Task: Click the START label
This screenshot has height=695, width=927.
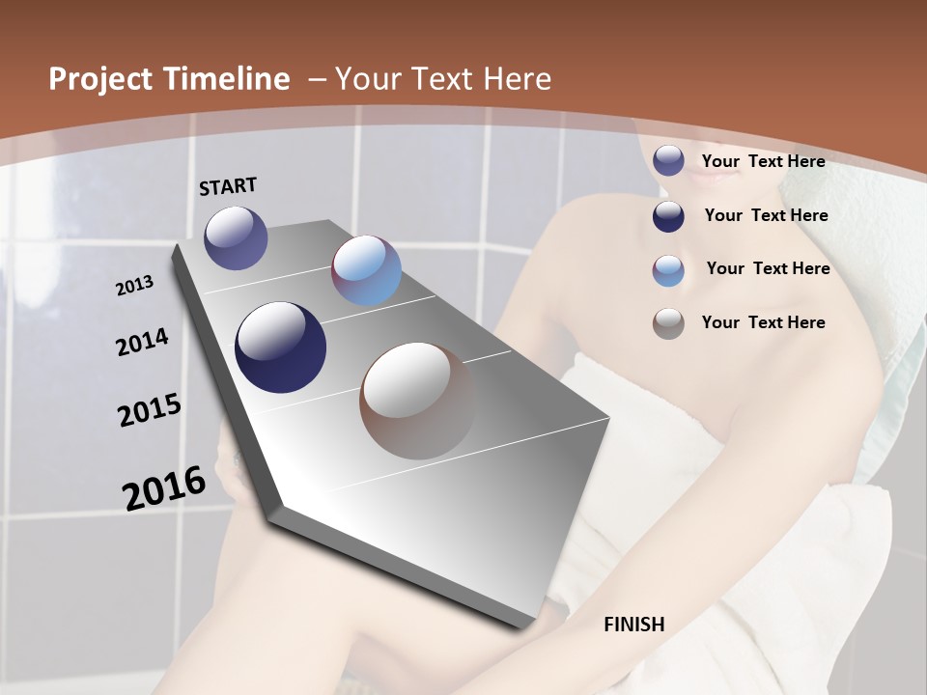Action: click(228, 186)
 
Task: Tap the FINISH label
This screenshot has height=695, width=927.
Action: click(634, 625)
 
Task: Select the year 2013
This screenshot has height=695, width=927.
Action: click(135, 286)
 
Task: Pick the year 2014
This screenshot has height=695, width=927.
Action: click(143, 343)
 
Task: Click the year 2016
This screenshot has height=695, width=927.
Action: click(164, 487)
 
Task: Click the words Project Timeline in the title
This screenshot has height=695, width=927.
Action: click(169, 79)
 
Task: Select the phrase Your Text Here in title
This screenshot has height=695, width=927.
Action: click(443, 79)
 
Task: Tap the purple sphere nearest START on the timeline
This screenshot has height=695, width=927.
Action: click(236, 237)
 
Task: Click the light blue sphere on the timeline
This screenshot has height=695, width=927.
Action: click(366, 270)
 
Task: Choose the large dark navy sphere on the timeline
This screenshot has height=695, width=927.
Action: click(281, 347)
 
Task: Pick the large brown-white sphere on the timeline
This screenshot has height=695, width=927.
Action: click(417, 400)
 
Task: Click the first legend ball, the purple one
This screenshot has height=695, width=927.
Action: click(668, 160)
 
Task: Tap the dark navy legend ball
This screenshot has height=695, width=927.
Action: click(668, 215)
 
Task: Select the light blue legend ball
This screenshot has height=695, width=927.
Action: click(668, 269)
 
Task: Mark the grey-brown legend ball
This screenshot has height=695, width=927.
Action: click(668, 323)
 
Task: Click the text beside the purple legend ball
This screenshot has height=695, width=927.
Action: click(763, 161)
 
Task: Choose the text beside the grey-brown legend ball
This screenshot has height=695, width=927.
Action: click(763, 322)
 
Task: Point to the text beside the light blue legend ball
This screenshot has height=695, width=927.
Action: click(768, 268)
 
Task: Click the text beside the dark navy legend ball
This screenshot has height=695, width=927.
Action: click(766, 215)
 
